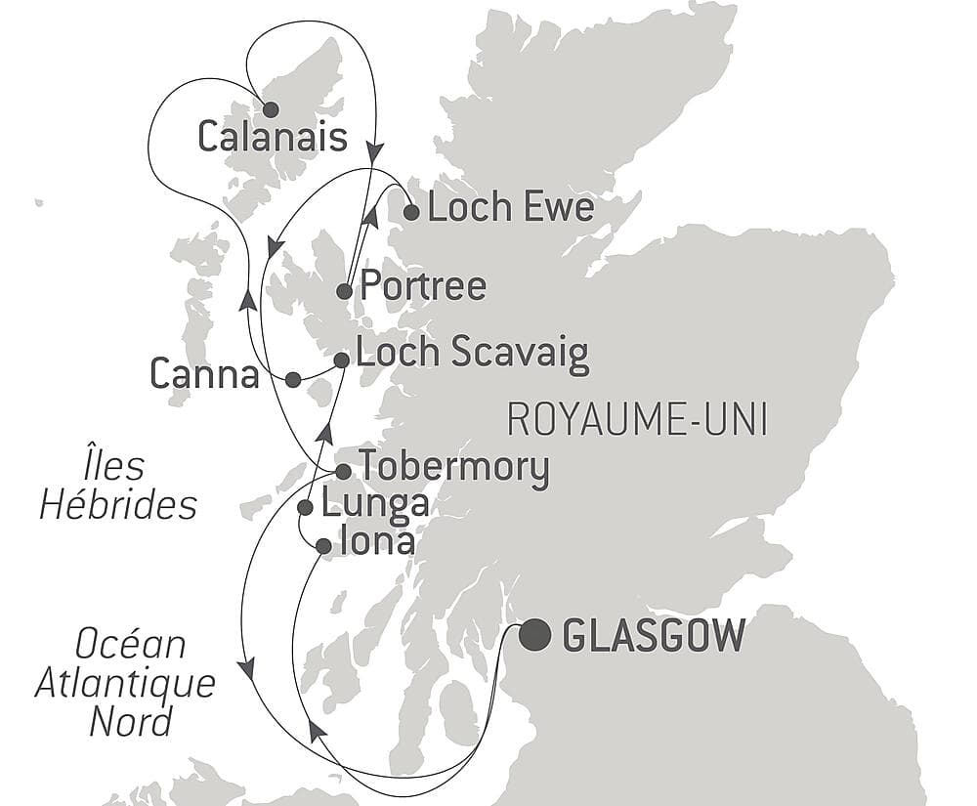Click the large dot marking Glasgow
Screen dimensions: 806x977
coord(534,636)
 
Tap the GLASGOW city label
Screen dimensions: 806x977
coord(655,637)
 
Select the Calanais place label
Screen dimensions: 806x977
coord(273,138)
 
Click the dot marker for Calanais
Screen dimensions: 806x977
coord(271,109)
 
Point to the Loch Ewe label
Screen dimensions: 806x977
coord(511,208)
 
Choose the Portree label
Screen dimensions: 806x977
coord(423,286)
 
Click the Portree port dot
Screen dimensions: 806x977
coord(344,291)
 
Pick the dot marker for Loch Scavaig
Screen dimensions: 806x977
coord(341,361)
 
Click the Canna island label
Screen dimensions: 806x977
coord(204,372)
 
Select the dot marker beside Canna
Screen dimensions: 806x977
coord(292,380)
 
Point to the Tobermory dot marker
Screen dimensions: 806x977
coord(343,472)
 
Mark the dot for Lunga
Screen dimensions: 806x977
coord(305,507)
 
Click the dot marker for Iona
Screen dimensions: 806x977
coord(323,547)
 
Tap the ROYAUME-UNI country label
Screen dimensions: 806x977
coord(637,421)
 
